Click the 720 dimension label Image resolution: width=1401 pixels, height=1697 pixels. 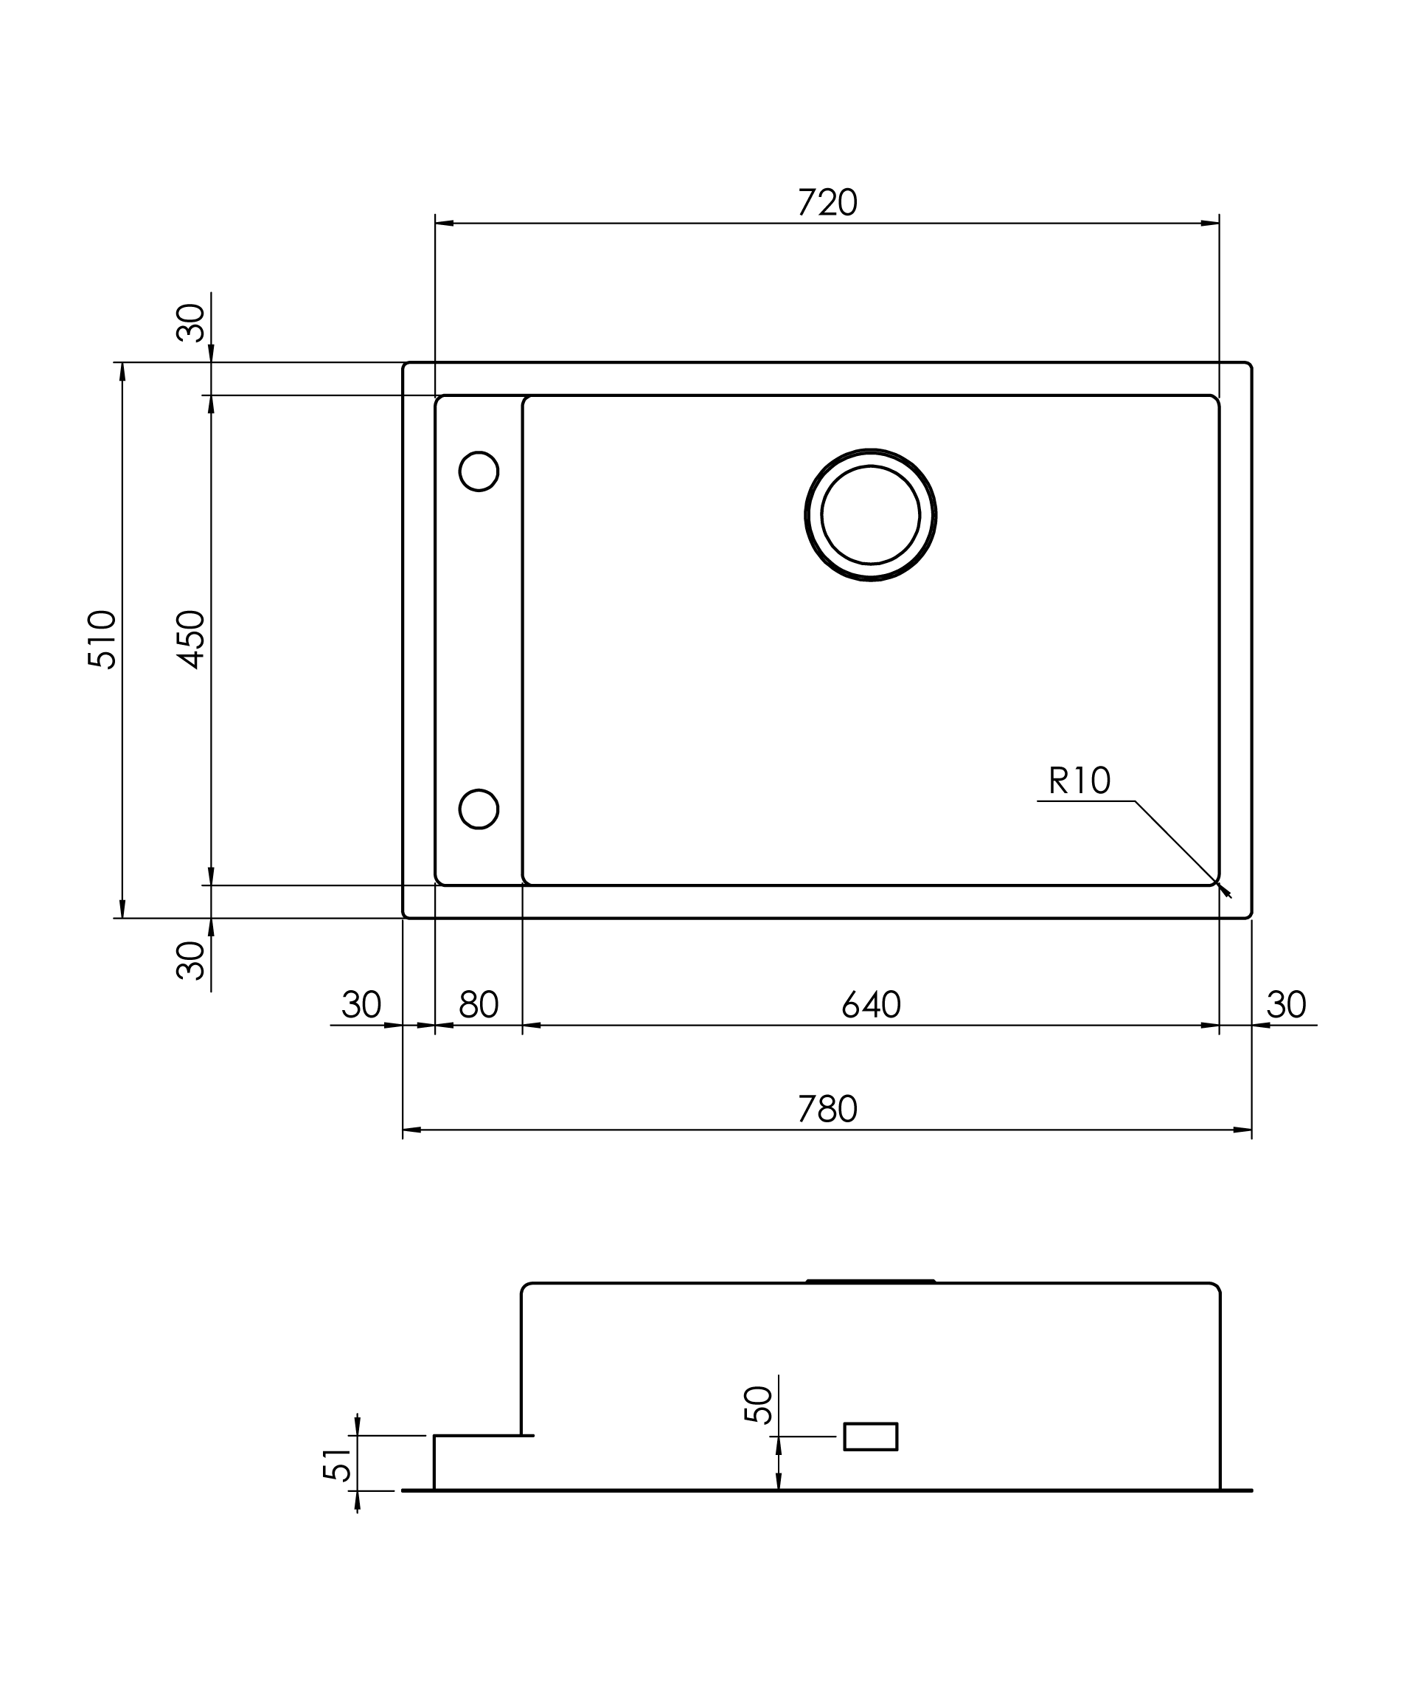click(827, 203)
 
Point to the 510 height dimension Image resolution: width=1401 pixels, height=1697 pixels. click(102, 640)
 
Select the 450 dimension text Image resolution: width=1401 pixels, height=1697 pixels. click(191, 640)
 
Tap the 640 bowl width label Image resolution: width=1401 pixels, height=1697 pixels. click(871, 1005)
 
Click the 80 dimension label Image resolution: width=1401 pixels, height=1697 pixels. click(479, 1005)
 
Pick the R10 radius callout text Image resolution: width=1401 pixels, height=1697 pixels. click(1080, 781)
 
